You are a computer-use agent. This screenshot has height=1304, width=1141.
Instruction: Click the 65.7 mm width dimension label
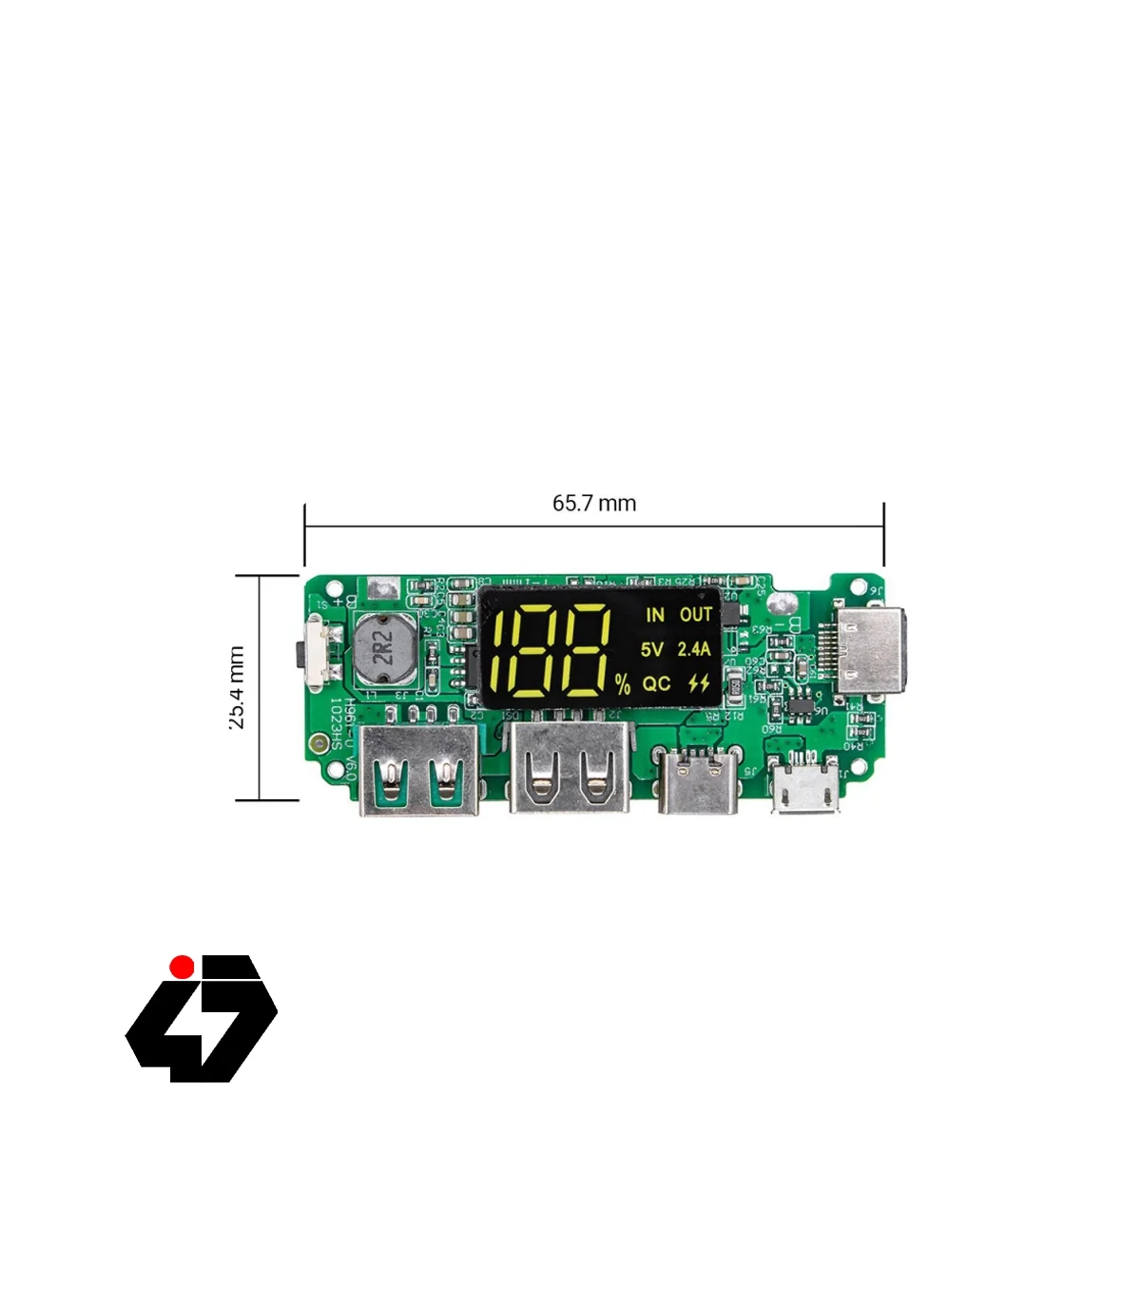coord(594,503)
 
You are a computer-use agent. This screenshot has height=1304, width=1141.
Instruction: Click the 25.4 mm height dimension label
coord(237,687)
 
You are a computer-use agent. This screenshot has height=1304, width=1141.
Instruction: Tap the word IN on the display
coord(655,615)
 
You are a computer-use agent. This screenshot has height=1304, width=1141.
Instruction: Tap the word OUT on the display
coord(696,615)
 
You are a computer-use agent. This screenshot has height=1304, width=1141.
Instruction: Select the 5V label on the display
coord(651,649)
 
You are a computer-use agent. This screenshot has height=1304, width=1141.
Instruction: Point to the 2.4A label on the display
coord(694,649)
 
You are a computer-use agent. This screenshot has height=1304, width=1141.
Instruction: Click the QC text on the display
coord(656,683)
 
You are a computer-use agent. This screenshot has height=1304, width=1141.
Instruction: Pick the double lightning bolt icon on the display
coord(699,683)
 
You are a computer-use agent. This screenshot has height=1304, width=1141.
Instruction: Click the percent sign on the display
coord(622,684)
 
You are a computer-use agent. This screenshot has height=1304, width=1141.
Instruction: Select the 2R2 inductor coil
coord(383,648)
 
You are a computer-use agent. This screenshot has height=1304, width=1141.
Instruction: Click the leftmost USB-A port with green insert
coord(418,770)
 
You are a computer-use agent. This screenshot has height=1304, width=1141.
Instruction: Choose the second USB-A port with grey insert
coord(570,768)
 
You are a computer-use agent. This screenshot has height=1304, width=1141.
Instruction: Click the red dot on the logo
coord(182,967)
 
